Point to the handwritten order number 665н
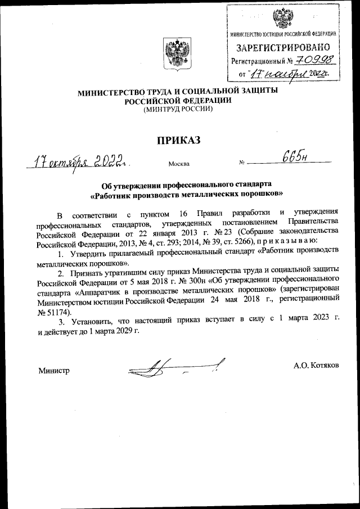tap(292, 158)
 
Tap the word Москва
tap(179, 164)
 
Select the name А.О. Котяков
tap(316, 365)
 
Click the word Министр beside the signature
tap(54, 371)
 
